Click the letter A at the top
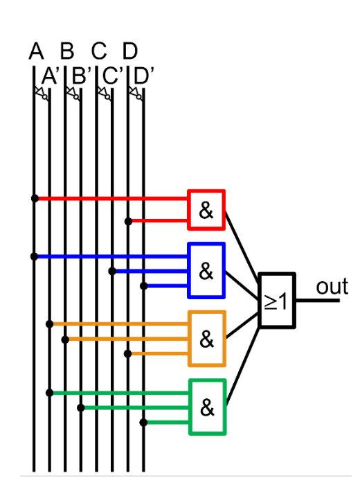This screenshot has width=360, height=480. point(36,51)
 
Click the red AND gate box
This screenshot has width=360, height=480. point(206,209)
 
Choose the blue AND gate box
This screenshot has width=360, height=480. point(206,270)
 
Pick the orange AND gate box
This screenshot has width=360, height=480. point(207,339)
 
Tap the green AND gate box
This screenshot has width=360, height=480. point(207,407)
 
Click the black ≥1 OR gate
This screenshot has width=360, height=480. point(277,301)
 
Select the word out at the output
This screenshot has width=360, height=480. point(332,286)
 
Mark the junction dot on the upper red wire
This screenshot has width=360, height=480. point(35,198)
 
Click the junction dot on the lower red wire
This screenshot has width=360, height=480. point(128,221)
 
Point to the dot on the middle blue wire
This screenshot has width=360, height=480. point(112,271)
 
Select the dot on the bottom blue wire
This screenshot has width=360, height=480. point(143,285)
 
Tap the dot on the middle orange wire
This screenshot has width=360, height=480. point(65,339)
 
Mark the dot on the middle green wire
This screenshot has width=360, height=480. point(81,408)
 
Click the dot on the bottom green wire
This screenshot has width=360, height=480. point(143,422)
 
